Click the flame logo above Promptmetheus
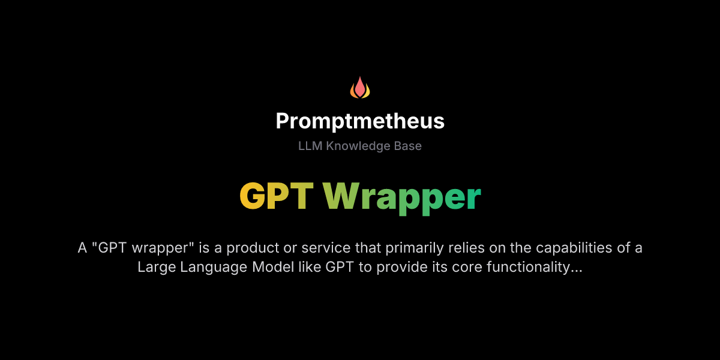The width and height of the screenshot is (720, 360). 360,88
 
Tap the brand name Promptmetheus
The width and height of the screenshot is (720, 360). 360,122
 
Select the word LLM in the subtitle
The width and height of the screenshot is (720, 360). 310,146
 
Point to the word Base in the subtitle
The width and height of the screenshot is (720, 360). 407,146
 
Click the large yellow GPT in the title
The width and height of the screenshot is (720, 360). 277,196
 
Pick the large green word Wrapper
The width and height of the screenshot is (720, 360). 402,197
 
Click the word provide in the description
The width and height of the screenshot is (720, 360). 397,267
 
